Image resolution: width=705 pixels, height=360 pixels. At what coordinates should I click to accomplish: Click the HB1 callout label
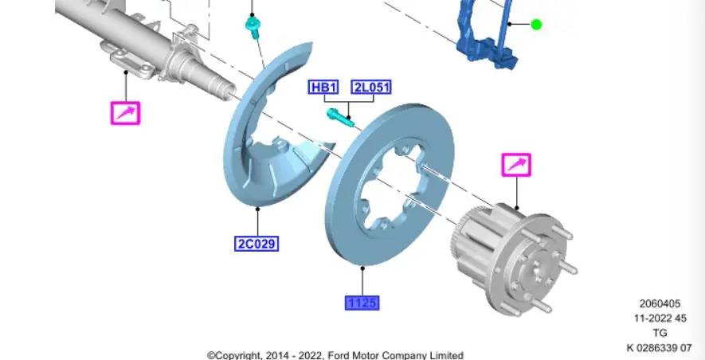tap(323, 87)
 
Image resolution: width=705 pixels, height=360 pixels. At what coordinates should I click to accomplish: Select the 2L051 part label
tap(371, 87)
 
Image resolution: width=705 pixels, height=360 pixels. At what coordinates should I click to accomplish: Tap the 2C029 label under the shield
tap(257, 244)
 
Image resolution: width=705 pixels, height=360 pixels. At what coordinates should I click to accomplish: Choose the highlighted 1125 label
tap(362, 303)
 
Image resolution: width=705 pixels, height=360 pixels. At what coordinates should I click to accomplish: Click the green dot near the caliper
tap(536, 24)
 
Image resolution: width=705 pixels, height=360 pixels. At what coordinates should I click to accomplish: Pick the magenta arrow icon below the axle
tap(126, 113)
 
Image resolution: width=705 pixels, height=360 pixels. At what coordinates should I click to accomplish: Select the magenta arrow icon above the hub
tap(517, 165)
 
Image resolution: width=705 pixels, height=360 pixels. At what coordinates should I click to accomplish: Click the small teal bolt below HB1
tap(341, 117)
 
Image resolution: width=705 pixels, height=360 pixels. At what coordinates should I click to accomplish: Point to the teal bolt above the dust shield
tap(253, 26)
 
